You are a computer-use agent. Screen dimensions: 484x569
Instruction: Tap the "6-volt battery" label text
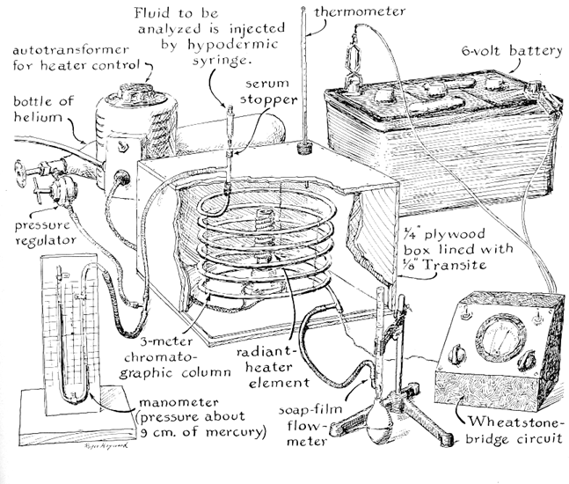point(510,52)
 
